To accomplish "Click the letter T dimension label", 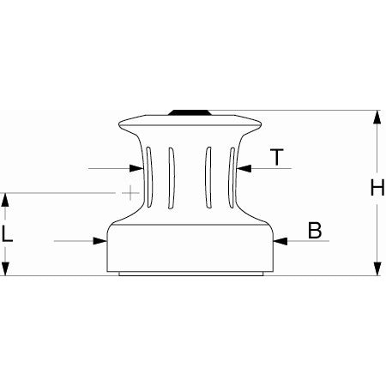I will coord(276,157).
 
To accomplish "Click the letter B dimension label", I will coord(315,230).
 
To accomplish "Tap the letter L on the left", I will coord(8,233).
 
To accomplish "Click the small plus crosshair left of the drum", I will coord(129,193).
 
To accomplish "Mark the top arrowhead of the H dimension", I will coord(377,118).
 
